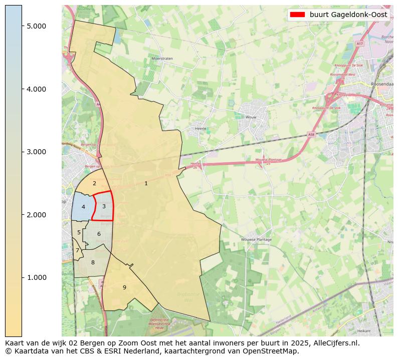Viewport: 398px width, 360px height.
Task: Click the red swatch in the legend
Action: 297,15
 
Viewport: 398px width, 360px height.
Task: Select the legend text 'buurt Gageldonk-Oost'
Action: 348,15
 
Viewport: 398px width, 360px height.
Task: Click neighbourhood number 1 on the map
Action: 146,184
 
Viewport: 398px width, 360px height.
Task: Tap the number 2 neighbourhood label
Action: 94,184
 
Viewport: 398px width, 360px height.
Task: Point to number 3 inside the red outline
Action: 104,206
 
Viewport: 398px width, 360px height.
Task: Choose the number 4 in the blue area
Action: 83,207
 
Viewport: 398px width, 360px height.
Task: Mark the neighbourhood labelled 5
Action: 79,232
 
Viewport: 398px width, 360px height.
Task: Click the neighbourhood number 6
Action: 99,234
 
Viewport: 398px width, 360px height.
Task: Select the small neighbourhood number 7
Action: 77,250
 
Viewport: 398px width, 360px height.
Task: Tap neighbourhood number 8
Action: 93,262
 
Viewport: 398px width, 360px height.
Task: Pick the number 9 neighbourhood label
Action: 124,287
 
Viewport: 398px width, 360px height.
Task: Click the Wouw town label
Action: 251,118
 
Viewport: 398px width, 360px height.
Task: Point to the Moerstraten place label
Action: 162,59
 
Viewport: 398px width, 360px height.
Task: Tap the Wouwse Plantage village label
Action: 256,240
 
